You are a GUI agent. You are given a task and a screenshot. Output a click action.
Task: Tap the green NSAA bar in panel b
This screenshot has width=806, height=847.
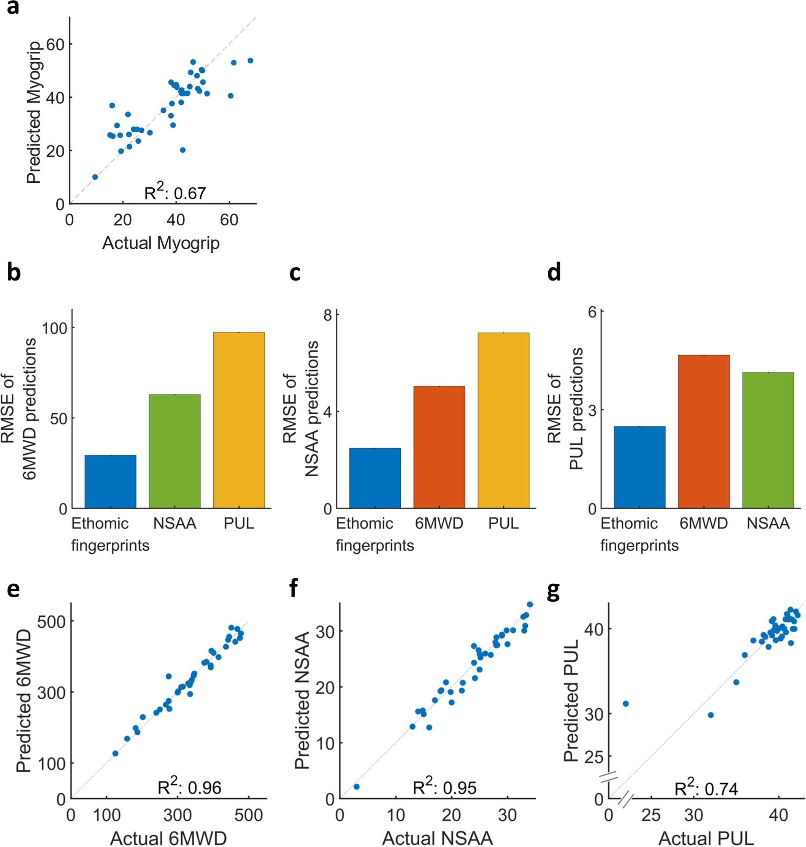click(x=175, y=451)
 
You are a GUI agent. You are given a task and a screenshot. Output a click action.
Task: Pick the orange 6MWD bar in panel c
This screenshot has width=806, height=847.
click(x=439, y=447)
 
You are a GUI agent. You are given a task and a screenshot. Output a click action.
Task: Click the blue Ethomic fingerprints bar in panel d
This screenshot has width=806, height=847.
click(x=639, y=467)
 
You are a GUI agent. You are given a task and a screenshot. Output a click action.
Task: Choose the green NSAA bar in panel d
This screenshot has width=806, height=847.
click(x=768, y=440)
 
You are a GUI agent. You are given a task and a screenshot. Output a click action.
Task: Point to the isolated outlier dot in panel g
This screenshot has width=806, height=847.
click(x=625, y=703)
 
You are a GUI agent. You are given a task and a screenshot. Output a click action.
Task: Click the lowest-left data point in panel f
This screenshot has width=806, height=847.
click(x=356, y=787)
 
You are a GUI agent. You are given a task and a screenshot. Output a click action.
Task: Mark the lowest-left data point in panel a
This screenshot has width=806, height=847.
click(x=95, y=177)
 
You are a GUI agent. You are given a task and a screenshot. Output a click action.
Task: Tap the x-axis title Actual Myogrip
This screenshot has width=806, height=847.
click(x=161, y=243)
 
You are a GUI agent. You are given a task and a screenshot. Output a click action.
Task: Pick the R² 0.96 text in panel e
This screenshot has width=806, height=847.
click(x=189, y=787)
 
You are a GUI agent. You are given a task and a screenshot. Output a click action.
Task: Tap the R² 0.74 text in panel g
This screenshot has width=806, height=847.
click(x=706, y=788)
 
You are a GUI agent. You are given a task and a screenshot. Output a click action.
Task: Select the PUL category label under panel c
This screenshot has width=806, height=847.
click(x=503, y=524)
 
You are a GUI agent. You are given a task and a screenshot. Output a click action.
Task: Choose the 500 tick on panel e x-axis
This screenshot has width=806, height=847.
click(x=249, y=815)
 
